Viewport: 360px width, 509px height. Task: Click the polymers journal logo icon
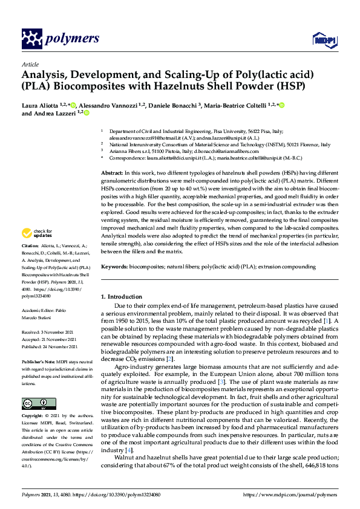click(x=31, y=39)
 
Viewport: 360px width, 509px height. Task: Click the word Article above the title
click(x=30, y=64)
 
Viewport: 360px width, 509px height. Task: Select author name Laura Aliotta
click(x=42, y=105)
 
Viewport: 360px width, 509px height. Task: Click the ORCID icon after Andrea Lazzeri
click(x=86, y=113)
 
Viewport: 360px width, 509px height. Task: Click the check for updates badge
click(x=37, y=233)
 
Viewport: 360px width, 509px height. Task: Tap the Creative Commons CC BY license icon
click(x=31, y=403)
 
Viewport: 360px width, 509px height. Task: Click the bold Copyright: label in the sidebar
click(x=33, y=417)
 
